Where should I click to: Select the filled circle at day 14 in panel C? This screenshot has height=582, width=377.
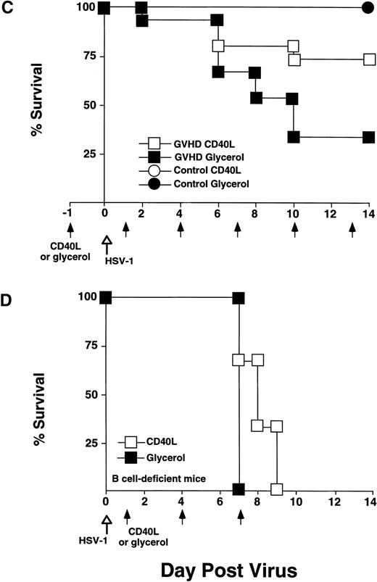pyautogui.click(x=368, y=8)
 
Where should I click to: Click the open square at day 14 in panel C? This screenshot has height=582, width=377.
pyautogui.click(x=368, y=59)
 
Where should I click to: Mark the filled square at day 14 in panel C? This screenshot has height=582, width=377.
pyautogui.click(x=368, y=137)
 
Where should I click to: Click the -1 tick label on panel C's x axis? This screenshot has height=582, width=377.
pyautogui.click(x=67, y=214)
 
